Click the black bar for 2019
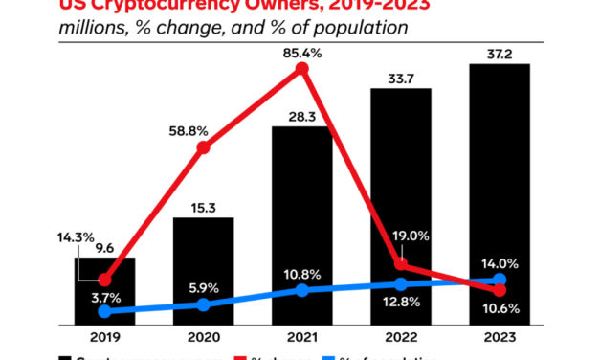pos(104,291)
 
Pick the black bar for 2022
pos(400,207)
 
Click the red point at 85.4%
pos(301,69)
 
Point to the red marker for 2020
pos(203,147)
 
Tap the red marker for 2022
pos(401,264)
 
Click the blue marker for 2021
pos(301,289)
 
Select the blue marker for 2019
pos(104,311)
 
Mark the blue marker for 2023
pos(500,281)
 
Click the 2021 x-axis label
pos(301,337)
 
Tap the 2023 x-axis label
pos(500,337)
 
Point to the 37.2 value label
pos(500,52)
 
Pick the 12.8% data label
pos(401,304)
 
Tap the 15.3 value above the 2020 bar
pos(203,205)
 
